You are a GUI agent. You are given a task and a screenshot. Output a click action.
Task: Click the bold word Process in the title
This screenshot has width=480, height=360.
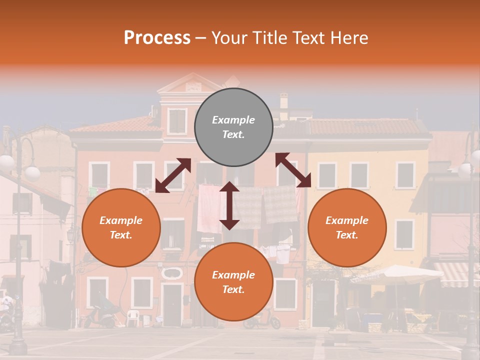tap(157, 38)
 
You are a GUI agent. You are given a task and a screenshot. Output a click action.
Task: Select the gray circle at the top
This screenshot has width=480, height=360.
tap(233, 127)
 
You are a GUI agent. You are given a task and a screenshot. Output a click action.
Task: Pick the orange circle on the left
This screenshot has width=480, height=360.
tap(121, 227)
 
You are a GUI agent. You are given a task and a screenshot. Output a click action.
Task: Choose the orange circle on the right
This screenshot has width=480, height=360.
tap(347, 227)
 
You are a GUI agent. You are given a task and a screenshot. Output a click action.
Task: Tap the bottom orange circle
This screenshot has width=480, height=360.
tap(233, 282)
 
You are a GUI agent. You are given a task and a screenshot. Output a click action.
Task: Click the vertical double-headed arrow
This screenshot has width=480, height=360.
tap(229, 205)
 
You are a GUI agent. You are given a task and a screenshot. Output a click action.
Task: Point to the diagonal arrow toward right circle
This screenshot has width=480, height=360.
tap(293, 170)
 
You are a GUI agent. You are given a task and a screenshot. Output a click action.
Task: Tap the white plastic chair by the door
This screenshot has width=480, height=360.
tap(132, 317)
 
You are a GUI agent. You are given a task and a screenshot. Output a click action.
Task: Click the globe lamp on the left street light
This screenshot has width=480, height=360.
tap(32, 173)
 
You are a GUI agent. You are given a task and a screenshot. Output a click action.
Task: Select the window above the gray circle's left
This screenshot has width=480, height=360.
tap(177, 121)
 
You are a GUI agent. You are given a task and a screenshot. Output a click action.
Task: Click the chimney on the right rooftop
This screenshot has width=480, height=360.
tap(284, 101)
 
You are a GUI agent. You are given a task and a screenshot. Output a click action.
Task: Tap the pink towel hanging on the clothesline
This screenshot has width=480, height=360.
tap(208, 207)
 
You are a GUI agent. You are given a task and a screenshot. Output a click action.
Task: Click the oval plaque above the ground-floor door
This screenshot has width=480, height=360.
tap(172, 273)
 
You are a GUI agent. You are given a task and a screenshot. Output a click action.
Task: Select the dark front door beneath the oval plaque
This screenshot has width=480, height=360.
tap(172, 305)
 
